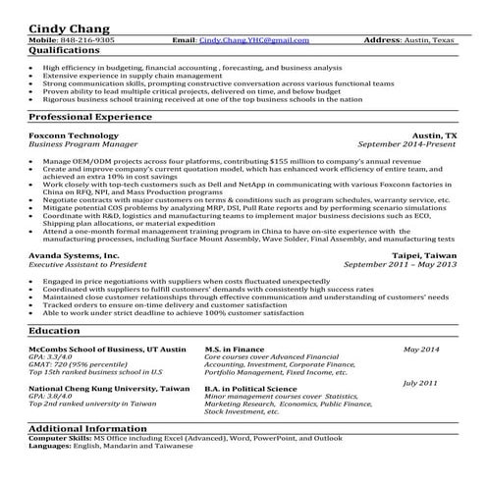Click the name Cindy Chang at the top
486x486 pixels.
pyautogui.click(x=69, y=26)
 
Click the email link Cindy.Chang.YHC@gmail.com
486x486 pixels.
pyautogui.click(x=254, y=40)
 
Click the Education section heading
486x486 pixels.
pyautogui.click(x=55, y=333)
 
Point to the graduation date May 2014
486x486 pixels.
pyautogui.click(x=423, y=350)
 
